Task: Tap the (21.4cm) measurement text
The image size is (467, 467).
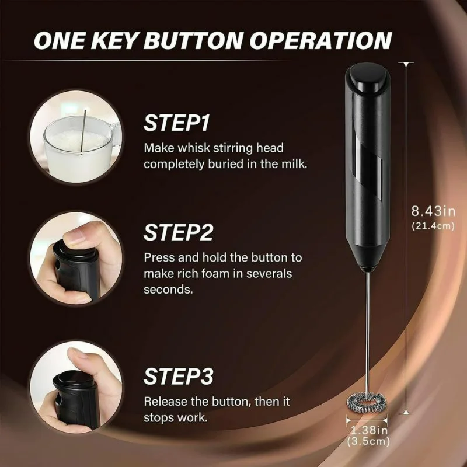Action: [x=433, y=225]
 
